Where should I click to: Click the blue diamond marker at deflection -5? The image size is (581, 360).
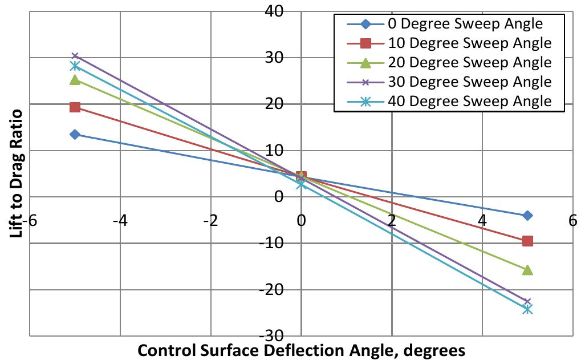pyautogui.click(x=75, y=134)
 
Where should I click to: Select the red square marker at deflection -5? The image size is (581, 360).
pyautogui.click(x=75, y=107)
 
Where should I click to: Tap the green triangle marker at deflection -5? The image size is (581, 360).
pyautogui.click(x=75, y=80)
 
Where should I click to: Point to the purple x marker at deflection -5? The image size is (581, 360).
pyautogui.click(x=75, y=56)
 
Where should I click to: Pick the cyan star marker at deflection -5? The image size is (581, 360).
pyautogui.click(x=75, y=66)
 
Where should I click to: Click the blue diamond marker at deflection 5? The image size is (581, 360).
pyautogui.click(x=527, y=215)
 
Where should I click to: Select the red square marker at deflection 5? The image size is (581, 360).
pyautogui.click(x=527, y=241)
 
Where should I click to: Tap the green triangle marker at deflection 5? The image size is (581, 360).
pyautogui.click(x=527, y=269)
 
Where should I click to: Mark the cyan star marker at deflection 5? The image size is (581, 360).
pyautogui.click(x=527, y=309)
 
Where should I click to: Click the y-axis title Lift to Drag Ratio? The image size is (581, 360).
pyautogui.click(x=18, y=165)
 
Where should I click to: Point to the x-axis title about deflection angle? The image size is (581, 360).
pyautogui.click(x=301, y=349)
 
